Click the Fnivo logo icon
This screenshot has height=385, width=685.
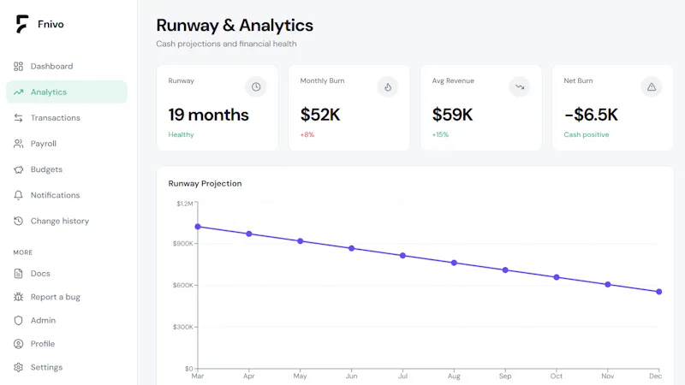tap(22, 24)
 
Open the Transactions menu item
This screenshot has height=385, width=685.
tap(55, 118)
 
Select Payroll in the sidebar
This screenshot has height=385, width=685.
tap(44, 144)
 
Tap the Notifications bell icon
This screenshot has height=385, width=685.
tap(18, 195)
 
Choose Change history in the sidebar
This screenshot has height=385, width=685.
tap(59, 221)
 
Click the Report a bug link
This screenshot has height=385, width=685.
tap(55, 297)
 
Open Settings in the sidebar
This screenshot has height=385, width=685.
tap(46, 367)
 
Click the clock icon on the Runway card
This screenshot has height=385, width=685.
tap(256, 87)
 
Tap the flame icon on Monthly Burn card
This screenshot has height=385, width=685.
tap(388, 87)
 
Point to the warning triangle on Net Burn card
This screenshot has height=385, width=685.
tap(652, 87)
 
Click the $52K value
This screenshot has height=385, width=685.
tap(320, 115)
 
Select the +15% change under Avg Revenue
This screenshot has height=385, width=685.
tap(440, 134)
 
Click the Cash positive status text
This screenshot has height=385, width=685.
tap(587, 134)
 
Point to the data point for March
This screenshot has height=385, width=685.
tap(198, 227)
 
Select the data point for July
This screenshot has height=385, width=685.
tap(402, 255)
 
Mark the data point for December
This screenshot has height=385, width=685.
tap(658, 292)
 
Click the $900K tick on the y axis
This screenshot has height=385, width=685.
tap(183, 244)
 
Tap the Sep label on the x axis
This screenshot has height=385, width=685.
tap(505, 376)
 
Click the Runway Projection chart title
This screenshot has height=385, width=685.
tap(205, 183)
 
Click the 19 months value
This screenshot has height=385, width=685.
tap(208, 115)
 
